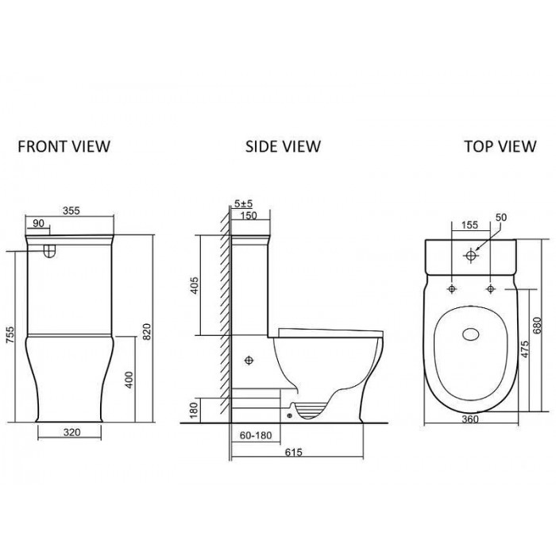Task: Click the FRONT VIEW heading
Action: click(x=64, y=146)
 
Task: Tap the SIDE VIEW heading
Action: click(x=283, y=146)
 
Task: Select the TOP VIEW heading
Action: click(x=500, y=146)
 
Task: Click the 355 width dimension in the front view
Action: click(x=71, y=210)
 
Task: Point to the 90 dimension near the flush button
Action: click(x=38, y=223)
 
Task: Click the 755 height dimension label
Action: click(x=10, y=334)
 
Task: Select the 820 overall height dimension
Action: click(x=147, y=331)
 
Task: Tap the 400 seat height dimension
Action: click(x=129, y=380)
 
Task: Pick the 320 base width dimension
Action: click(x=72, y=432)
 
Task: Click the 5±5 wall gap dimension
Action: click(x=243, y=204)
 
